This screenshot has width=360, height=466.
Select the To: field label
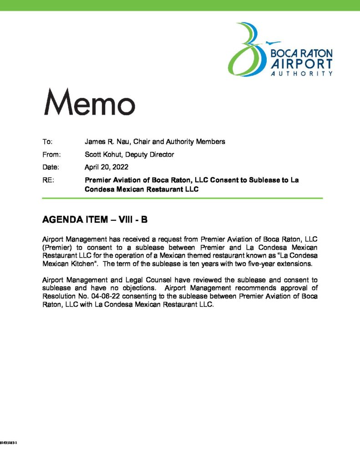[47, 142]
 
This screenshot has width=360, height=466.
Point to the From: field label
[51, 154]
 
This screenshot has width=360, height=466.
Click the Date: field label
[51, 167]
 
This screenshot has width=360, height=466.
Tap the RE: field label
[48, 180]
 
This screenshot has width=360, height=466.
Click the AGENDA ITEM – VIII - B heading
[95, 220]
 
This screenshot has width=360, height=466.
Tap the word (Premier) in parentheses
[56, 247]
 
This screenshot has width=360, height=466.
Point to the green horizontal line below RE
[182, 198]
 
